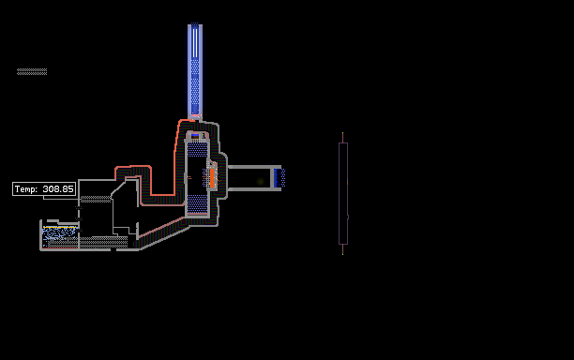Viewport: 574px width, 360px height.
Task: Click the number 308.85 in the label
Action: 58,189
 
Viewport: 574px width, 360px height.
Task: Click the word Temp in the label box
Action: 25,189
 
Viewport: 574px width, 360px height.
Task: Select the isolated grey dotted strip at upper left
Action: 32,71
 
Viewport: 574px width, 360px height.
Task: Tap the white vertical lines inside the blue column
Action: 195,43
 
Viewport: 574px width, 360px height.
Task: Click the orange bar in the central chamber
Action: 212,178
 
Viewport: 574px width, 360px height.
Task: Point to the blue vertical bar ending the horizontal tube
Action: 276,178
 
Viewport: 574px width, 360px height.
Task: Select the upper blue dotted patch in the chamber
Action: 197,150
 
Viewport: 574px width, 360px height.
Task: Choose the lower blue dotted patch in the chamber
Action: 197,203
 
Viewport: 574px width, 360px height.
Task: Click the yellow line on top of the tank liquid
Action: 60,227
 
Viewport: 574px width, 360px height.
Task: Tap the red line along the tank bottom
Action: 60,248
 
